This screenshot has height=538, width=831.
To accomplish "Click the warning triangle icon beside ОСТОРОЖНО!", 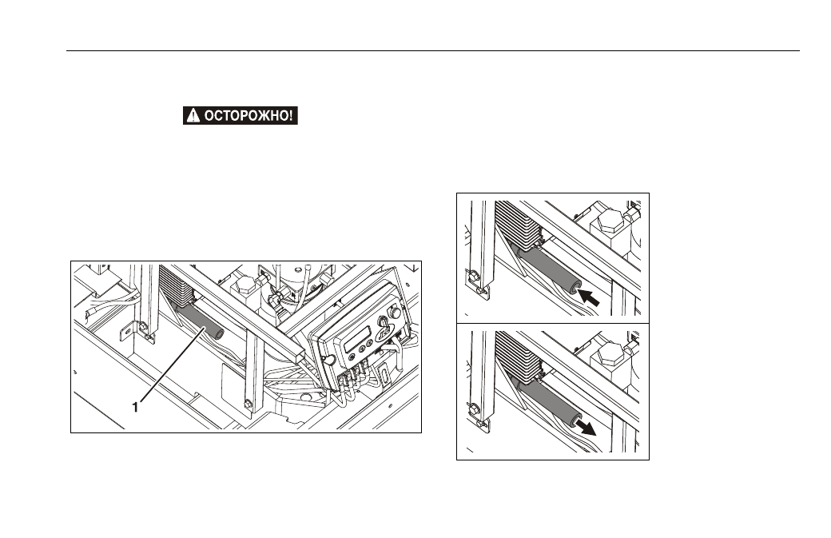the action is pos(193,116).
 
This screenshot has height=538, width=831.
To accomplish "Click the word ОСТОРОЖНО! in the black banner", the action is pos(248,116).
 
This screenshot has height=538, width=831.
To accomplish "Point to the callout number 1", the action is pos(136,407).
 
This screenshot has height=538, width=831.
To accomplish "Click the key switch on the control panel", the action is pos(383,322).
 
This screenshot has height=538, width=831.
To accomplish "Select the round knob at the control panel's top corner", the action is pos(395,313).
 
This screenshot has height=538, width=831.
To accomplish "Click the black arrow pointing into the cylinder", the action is pos(588,297).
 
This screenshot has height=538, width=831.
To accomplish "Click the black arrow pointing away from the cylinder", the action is pos(586,427).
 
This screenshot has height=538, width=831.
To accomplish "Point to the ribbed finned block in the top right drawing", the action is pos(517,224).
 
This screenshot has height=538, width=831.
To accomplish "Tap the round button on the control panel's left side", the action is pos(328,361).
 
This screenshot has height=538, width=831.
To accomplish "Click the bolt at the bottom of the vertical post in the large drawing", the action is pos(248,405).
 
